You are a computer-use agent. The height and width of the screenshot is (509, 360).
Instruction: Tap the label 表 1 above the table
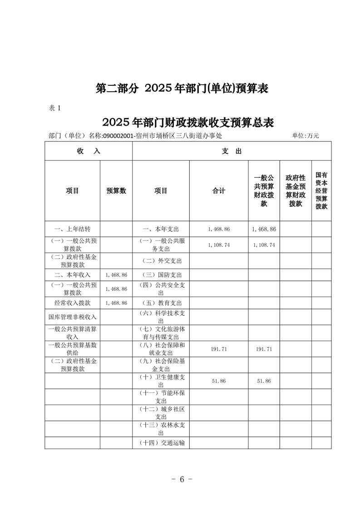(x=54, y=108)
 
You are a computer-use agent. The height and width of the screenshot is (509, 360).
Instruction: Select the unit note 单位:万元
(x=306, y=135)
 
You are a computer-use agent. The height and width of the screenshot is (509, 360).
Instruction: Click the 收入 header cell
(x=88, y=151)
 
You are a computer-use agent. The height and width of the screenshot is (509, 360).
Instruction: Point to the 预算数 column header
(x=116, y=191)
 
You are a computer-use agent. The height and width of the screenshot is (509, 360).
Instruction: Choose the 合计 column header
(x=219, y=191)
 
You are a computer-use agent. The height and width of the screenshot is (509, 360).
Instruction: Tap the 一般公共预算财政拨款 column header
(x=264, y=191)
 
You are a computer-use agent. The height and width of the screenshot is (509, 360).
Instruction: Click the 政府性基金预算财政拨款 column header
(x=296, y=191)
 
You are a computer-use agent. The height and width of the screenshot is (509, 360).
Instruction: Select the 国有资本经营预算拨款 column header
(x=321, y=191)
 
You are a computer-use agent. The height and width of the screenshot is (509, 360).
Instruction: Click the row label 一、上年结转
(x=72, y=229)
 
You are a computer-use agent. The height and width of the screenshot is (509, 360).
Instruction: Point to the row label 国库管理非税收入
(x=72, y=317)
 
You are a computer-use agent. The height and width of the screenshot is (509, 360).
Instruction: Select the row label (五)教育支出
(x=161, y=303)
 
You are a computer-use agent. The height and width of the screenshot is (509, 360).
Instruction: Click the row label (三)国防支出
(x=161, y=275)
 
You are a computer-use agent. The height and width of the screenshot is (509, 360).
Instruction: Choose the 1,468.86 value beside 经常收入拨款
(x=116, y=303)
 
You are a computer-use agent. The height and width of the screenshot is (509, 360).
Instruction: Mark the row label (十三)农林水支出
(x=161, y=429)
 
